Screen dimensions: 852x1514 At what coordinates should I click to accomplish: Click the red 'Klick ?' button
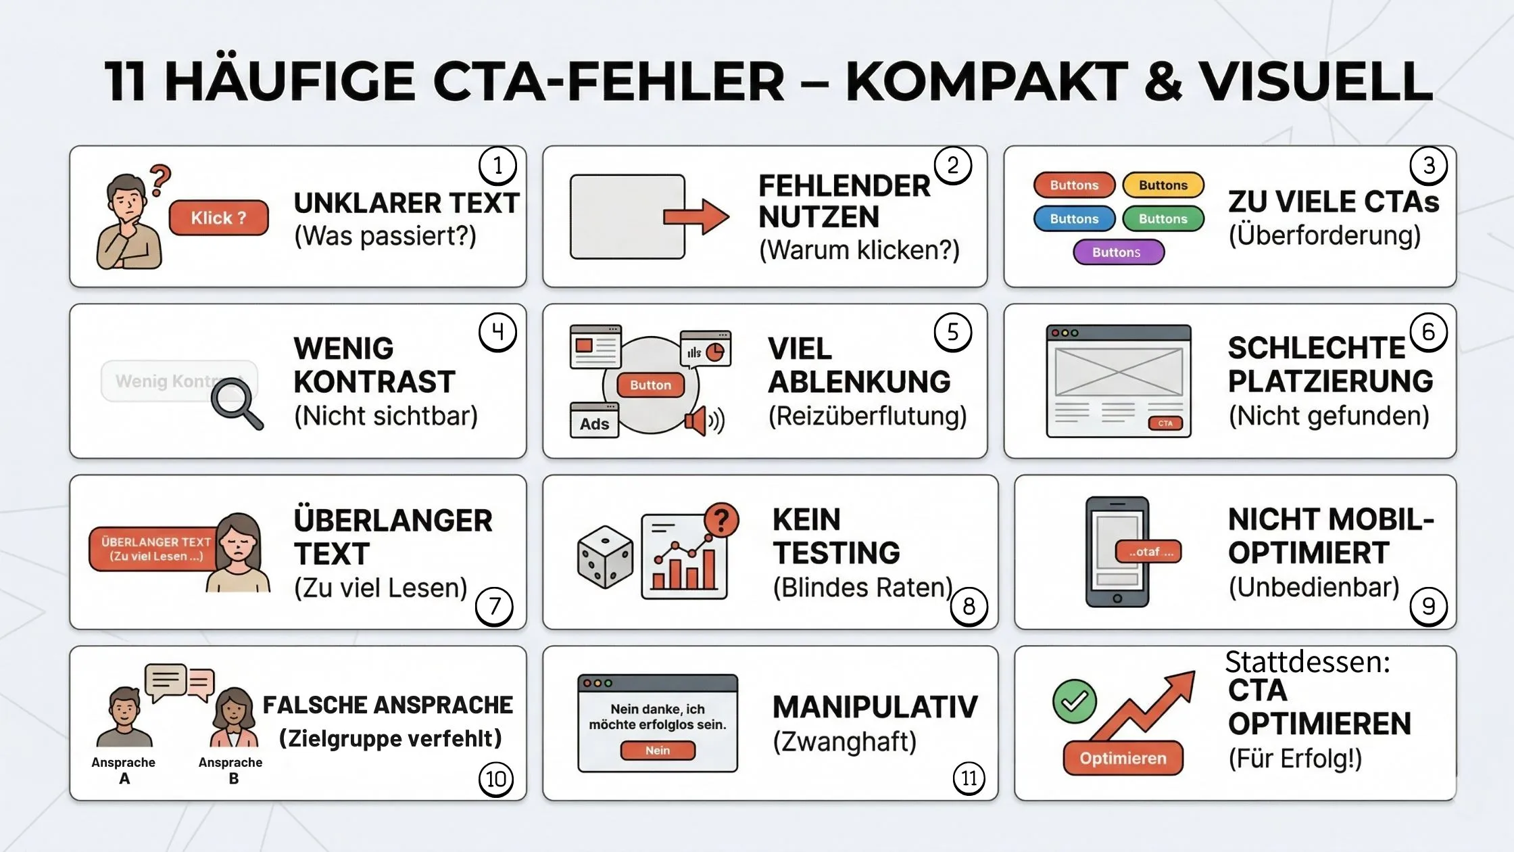click(218, 218)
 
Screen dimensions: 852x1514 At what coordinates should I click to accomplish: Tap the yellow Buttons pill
click(1163, 185)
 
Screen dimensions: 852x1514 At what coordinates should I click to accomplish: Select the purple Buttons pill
click(1118, 252)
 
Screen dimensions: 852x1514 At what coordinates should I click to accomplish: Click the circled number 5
click(952, 332)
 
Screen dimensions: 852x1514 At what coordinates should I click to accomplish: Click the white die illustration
click(605, 557)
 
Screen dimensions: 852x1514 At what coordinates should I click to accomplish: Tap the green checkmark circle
click(1074, 701)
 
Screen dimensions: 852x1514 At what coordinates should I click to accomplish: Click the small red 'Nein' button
click(657, 751)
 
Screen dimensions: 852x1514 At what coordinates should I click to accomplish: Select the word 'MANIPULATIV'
click(875, 707)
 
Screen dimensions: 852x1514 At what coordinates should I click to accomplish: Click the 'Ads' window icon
click(594, 421)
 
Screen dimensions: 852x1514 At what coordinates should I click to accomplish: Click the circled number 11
click(969, 778)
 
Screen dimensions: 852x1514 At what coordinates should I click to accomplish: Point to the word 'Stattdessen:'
click(1307, 662)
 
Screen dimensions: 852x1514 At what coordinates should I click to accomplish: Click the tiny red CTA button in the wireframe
click(1165, 423)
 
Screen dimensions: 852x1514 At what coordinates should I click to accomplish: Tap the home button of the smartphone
click(1117, 598)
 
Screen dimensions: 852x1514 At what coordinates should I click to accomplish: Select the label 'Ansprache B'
click(230, 770)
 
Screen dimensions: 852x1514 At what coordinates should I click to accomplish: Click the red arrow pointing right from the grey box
click(696, 216)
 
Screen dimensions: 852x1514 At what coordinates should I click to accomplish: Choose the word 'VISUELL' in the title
click(1315, 81)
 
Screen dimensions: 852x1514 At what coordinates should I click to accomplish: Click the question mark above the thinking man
click(160, 180)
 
